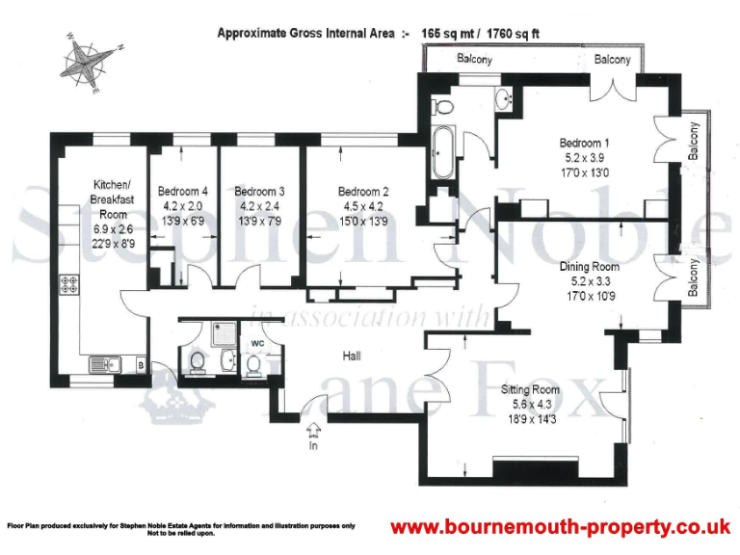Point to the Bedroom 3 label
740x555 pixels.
pyautogui.click(x=260, y=190)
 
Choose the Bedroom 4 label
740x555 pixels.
pyautogui.click(x=183, y=190)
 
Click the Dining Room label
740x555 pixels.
pyautogui.click(x=589, y=266)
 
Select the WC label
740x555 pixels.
pyautogui.click(x=257, y=341)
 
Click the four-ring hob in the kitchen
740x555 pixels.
pyautogui.click(x=72, y=285)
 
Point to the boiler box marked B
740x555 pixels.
pyautogui.click(x=141, y=366)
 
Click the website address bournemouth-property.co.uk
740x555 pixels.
pyautogui.click(x=559, y=527)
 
